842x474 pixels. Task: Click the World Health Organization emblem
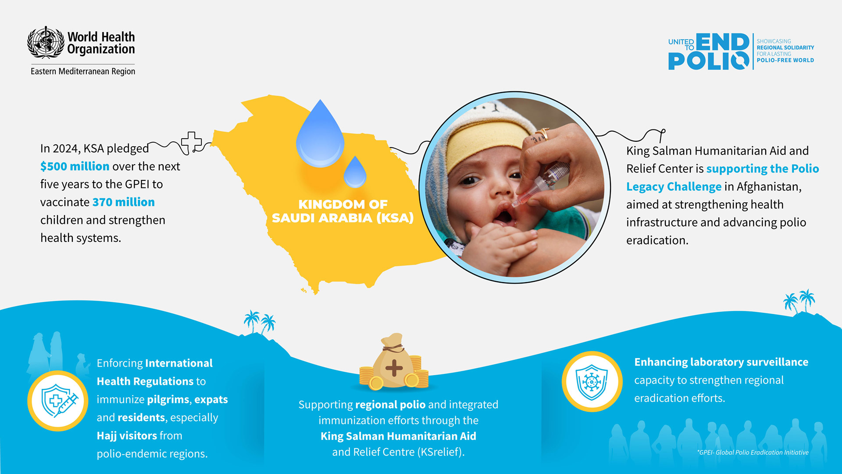pyautogui.click(x=46, y=42)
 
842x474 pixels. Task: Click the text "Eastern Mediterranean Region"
pyautogui.click(x=83, y=71)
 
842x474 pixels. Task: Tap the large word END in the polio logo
pyautogui.click(x=722, y=43)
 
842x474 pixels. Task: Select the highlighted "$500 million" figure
pyautogui.click(x=75, y=166)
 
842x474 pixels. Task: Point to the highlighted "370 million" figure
pyautogui.click(x=123, y=202)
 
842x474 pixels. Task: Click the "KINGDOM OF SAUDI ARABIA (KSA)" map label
pyautogui.click(x=343, y=211)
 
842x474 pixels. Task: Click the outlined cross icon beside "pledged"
pyautogui.click(x=191, y=143)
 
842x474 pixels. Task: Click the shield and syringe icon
pyautogui.click(x=58, y=401)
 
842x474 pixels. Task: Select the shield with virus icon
pyautogui.click(x=592, y=381)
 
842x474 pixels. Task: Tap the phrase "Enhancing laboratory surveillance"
pyautogui.click(x=721, y=362)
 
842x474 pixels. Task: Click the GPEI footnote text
pyautogui.click(x=753, y=452)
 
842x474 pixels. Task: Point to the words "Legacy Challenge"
pyautogui.click(x=674, y=187)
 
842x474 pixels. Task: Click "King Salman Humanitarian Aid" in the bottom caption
pyautogui.click(x=398, y=436)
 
